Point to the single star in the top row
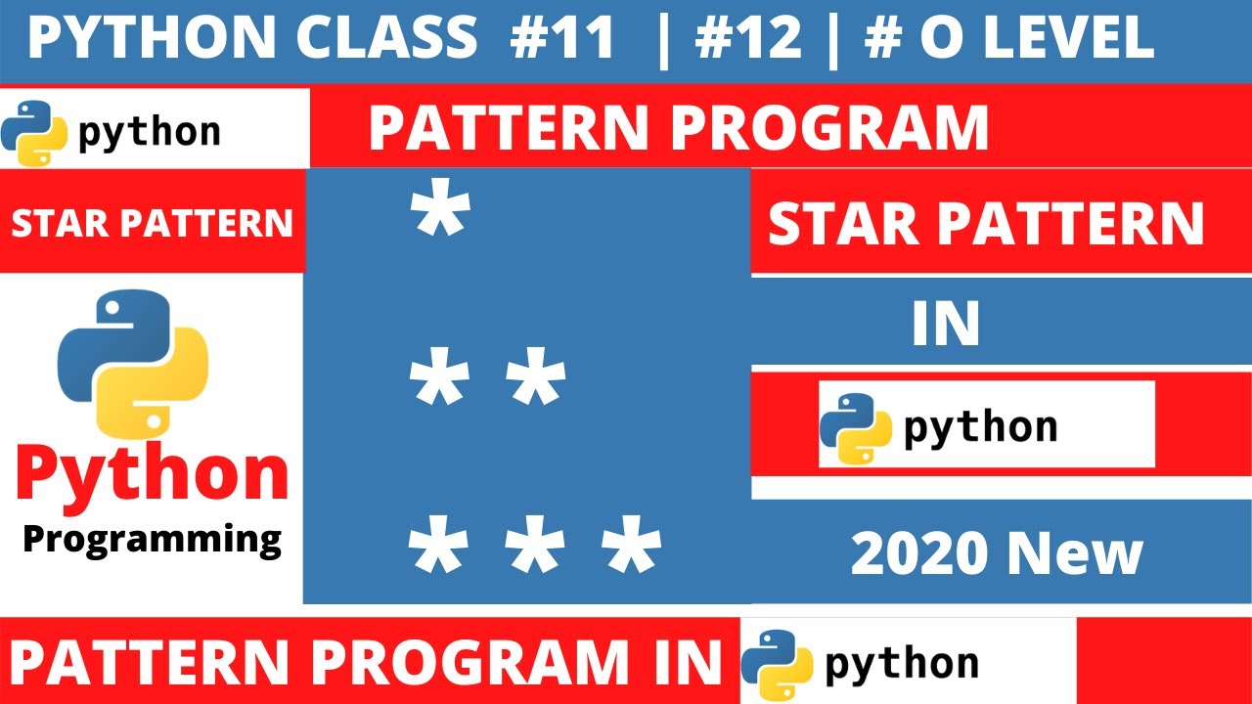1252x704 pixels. tap(440, 215)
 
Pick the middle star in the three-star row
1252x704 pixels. tap(535, 549)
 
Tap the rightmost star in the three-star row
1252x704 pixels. tap(631, 549)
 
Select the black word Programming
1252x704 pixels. tap(152, 538)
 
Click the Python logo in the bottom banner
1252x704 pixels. tap(777, 663)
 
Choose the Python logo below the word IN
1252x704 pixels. tap(855, 426)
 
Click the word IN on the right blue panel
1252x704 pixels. tap(945, 326)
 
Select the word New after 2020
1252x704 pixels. tap(1074, 554)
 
